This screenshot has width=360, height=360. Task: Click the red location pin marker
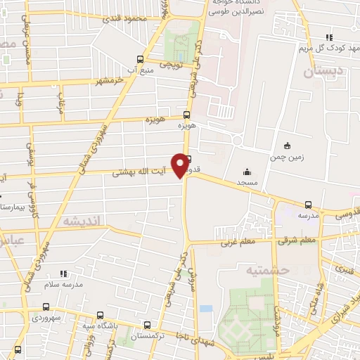pyautogui.click(x=183, y=165)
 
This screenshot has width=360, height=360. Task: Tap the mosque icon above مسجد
pyautogui.click(x=247, y=171)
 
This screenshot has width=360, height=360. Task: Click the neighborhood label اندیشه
pyautogui.click(x=84, y=221)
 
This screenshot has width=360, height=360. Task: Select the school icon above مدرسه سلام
pyautogui.click(x=64, y=273)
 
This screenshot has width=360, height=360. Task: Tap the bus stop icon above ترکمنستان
pyautogui.click(x=147, y=325)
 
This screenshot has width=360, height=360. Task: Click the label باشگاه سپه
pyautogui.click(x=98, y=326)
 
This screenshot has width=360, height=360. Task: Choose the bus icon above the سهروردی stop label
pyautogui.click(x=46, y=307)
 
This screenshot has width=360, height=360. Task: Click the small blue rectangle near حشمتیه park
pyautogui.click(x=205, y=309)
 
